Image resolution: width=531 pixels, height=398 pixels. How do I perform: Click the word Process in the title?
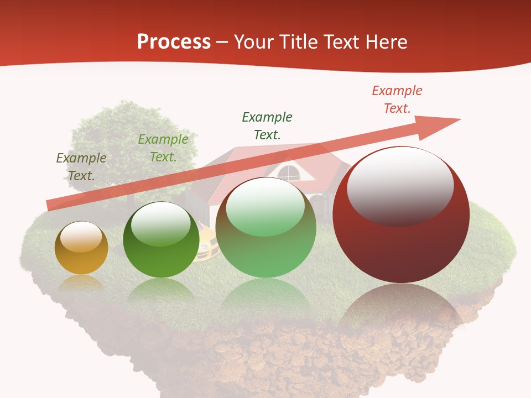pos(174,42)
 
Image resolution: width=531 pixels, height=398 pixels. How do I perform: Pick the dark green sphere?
pos(161,243)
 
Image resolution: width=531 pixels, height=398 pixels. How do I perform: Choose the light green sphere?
pos(265,232)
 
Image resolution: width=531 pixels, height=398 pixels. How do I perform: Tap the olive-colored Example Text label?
pos(81,167)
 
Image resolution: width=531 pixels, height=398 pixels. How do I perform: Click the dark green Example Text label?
pos(267,125)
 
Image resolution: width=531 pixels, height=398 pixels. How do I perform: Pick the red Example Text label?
pos(397,99)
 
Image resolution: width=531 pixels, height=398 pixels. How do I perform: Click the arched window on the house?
pos(288,173)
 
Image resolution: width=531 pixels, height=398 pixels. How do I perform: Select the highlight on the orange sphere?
pos(81,237)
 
